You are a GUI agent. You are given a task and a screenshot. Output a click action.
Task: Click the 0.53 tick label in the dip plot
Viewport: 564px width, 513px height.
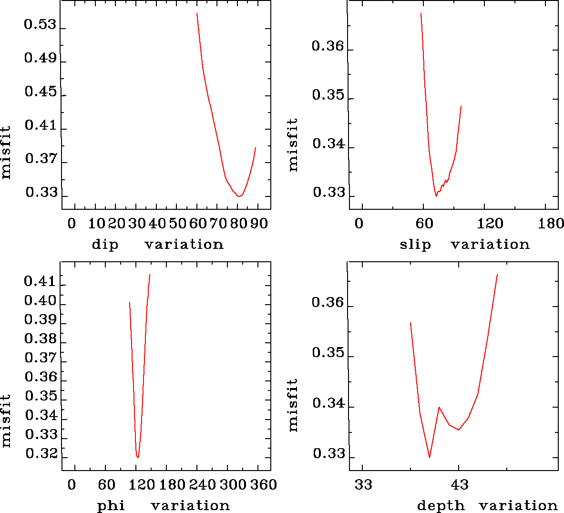point(40,25)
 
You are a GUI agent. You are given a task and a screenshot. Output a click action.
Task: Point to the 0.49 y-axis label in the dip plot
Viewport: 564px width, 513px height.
point(40,59)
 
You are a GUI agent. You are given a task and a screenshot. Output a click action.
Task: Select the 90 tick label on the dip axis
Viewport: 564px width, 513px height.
point(259,224)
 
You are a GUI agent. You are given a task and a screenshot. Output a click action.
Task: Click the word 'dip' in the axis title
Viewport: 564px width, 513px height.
point(105,245)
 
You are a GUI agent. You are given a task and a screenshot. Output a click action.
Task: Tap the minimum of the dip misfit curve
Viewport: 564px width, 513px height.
point(239,196)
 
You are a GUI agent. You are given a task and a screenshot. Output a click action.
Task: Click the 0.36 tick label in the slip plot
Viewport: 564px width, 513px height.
point(328,46)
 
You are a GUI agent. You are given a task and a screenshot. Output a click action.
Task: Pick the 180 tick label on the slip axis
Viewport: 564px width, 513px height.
point(551,224)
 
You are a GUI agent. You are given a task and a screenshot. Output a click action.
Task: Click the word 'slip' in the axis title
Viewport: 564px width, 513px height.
point(415,245)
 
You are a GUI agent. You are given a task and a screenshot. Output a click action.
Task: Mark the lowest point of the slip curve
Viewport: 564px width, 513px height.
point(436,196)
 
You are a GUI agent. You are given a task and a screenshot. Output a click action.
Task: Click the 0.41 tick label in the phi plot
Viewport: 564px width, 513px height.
point(40,281)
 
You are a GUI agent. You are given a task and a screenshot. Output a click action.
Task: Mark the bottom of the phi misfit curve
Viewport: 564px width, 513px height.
point(138,457)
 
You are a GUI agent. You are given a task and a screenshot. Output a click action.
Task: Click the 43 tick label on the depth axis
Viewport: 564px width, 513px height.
point(459,485)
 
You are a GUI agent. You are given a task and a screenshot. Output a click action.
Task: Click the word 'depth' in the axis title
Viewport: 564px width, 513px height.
point(441,505)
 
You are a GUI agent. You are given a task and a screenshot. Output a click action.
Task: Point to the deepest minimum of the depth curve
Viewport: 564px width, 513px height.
point(430,457)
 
